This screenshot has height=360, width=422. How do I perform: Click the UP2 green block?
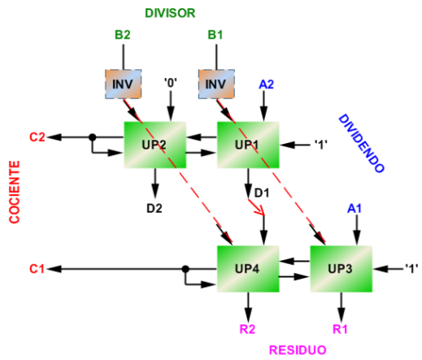coord(155,145)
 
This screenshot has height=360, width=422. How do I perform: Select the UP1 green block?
coord(248,145)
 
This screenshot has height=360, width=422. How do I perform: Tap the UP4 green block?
coord(248,269)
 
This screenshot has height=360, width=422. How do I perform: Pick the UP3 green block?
coord(341,269)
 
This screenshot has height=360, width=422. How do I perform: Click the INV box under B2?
coord(124,84)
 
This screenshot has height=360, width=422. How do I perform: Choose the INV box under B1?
coord(216,84)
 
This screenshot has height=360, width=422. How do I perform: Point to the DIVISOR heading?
coord(170,13)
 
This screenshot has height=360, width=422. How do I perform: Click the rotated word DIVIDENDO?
coord(362,143)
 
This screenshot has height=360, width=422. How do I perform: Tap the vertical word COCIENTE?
coord(15,192)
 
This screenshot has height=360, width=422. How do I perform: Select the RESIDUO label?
coord(298,350)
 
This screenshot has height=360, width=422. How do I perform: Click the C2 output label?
coord(37,137)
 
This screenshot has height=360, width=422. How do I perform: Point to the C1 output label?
coord(37,269)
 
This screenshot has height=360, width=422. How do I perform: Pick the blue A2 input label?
coord(266,85)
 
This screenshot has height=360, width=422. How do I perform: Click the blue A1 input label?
coord(355,208)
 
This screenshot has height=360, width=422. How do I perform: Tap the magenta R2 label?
coord(247,329)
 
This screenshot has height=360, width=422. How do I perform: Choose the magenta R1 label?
coord(340,329)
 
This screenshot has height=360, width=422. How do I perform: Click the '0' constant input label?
coord(171,83)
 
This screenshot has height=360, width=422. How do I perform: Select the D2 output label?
coord(154,208)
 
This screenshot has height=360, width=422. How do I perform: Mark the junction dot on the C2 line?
coord(93,137)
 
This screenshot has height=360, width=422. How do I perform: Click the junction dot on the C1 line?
coord(185,269)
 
